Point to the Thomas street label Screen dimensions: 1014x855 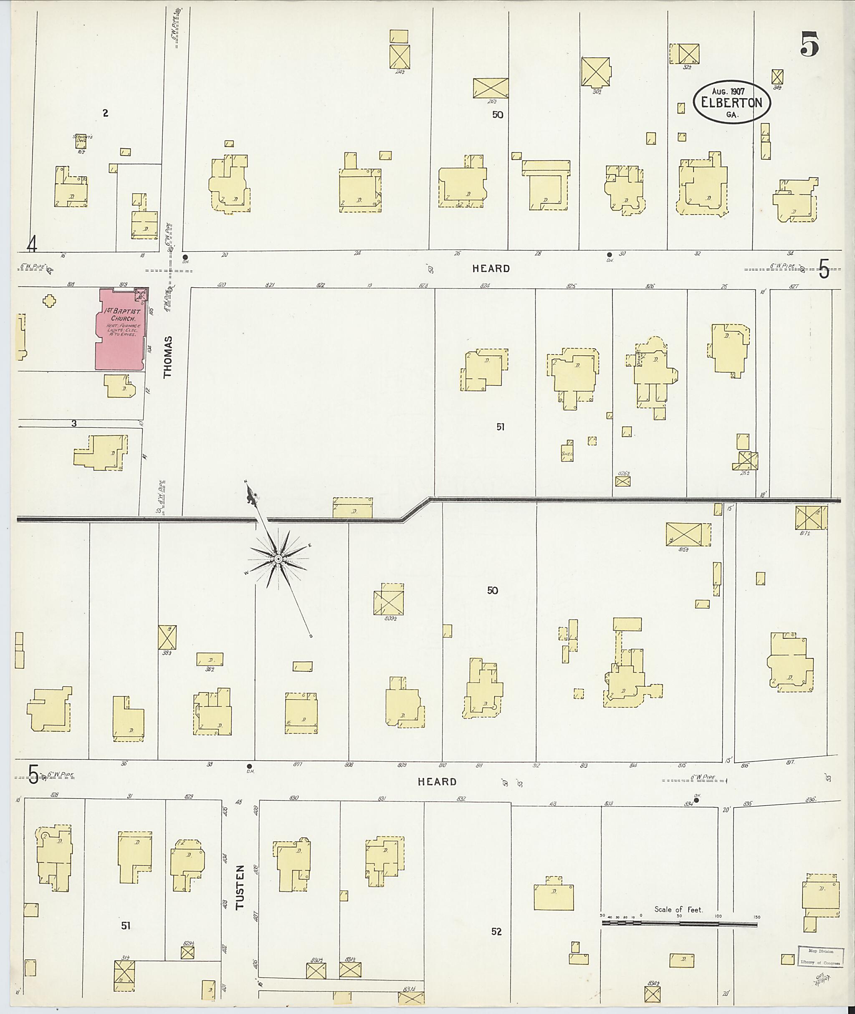(x=168, y=357)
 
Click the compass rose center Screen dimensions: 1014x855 (x=278, y=559)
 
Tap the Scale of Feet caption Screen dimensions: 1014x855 (x=678, y=909)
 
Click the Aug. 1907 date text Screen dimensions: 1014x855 (x=728, y=91)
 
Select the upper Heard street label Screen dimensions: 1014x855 (x=491, y=268)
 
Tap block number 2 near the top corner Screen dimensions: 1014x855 (x=105, y=114)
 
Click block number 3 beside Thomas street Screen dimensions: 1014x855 (x=73, y=423)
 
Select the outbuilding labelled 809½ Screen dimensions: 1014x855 (x=389, y=599)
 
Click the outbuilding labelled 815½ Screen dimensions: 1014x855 (x=683, y=535)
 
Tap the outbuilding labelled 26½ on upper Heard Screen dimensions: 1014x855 (x=491, y=88)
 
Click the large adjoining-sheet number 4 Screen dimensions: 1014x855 (x=32, y=245)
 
